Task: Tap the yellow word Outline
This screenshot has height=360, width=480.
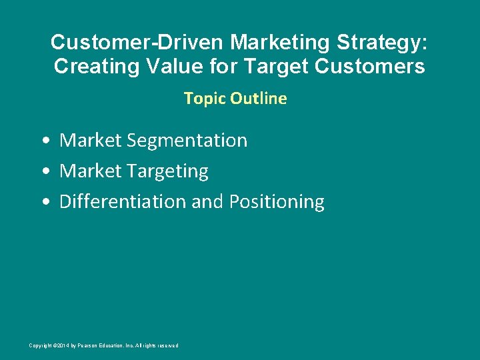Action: pyautogui.click(x=259, y=99)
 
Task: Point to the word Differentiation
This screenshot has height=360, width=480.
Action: pyautogui.click(x=123, y=202)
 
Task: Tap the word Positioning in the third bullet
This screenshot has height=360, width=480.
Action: pyautogui.click(x=277, y=202)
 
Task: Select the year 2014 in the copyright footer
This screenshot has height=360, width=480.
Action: pyautogui.click(x=61, y=345)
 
